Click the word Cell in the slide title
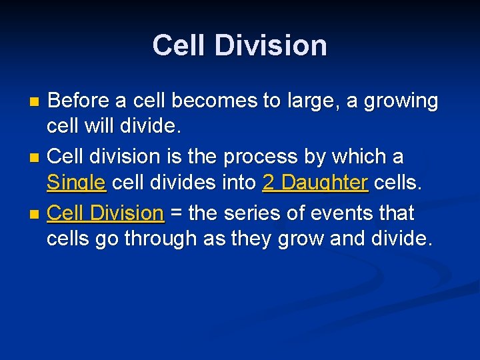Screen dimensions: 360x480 pos(176,45)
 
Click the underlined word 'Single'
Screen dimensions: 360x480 pos(76,182)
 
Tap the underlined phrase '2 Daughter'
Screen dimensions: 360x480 pos(315,182)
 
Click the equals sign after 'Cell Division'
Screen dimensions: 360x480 pos(177,214)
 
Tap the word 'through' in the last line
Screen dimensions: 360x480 pos(157,239)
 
